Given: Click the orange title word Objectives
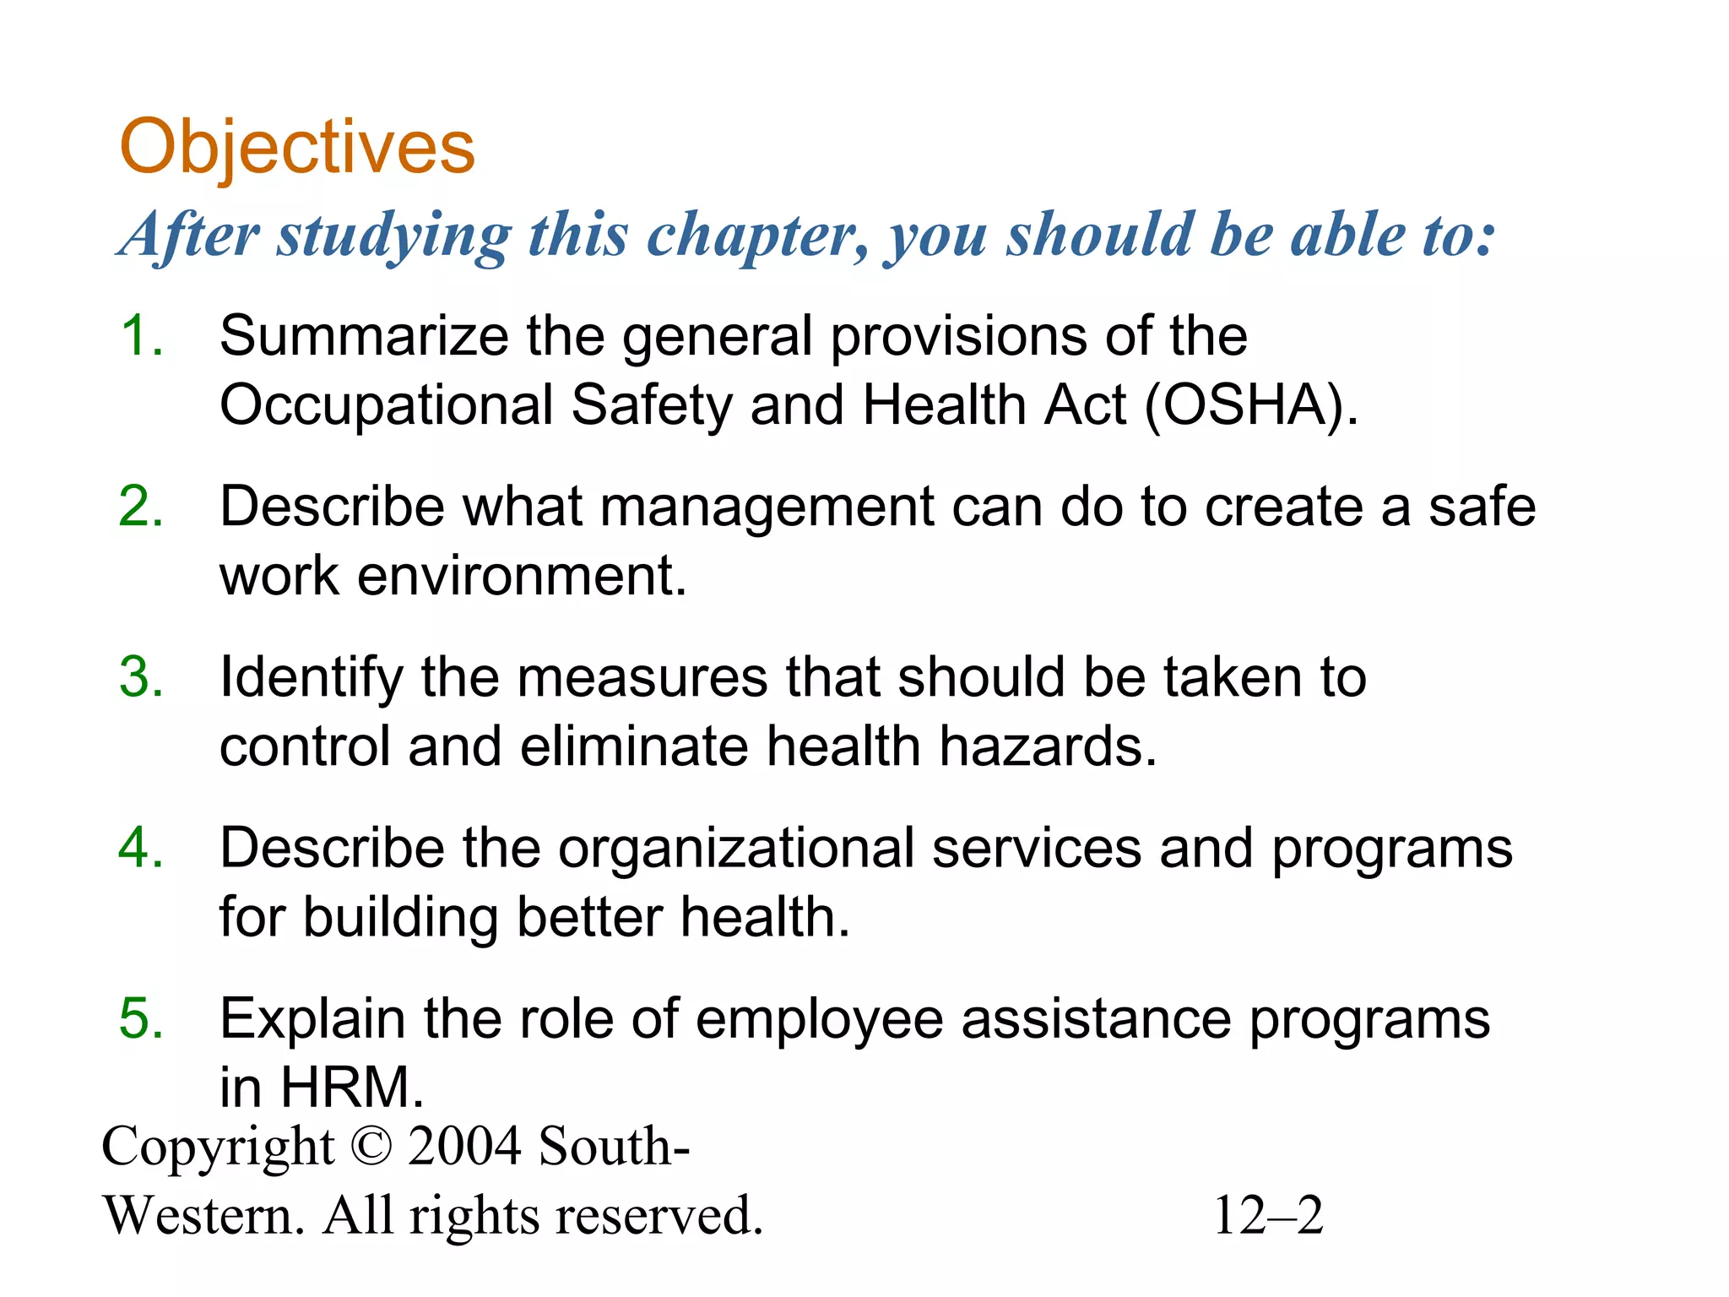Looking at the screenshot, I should [x=297, y=147].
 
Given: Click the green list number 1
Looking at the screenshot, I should [x=140, y=336].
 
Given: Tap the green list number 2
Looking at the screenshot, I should [x=140, y=507].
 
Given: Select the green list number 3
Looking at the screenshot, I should [x=140, y=677].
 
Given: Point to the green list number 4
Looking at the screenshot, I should [x=140, y=848].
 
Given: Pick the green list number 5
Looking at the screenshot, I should [x=140, y=1018].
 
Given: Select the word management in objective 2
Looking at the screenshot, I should [x=767, y=508].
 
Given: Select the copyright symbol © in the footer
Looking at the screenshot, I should [x=371, y=1147].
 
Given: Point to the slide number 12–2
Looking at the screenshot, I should [x=1268, y=1216].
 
